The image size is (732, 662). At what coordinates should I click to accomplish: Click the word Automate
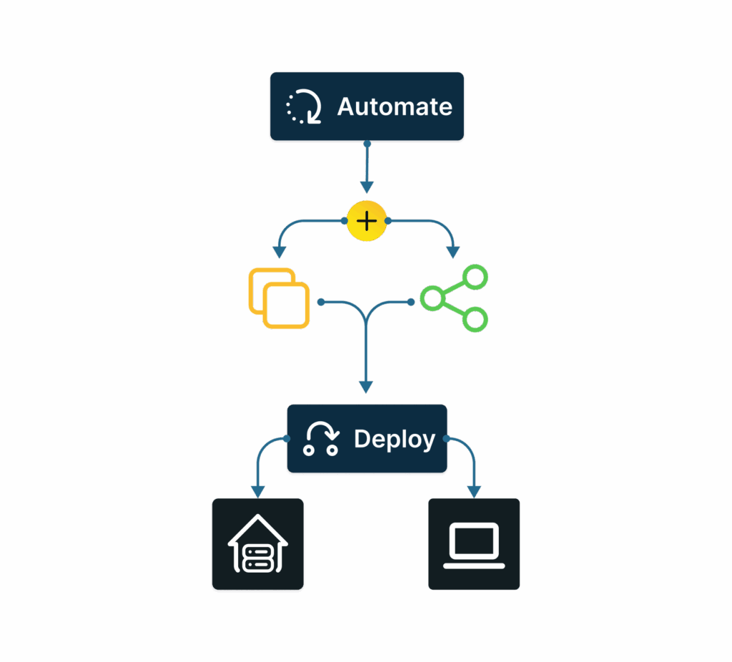click(x=395, y=107)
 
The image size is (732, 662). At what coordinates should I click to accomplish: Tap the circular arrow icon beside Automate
click(x=304, y=107)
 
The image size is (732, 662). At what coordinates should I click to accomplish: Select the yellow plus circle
click(x=367, y=221)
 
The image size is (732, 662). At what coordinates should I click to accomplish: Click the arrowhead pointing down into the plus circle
click(x=367, y=187)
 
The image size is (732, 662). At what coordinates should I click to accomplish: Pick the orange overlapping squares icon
click(x=279, y=298)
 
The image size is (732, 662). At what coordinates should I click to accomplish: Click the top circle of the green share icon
click(x=475, y=277)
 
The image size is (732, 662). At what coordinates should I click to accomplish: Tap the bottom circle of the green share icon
click(x=475, y=319)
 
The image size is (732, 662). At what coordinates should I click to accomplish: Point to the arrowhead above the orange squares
click(x=280, y=252)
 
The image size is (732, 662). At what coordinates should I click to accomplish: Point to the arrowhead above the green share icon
click(x=452, y=252)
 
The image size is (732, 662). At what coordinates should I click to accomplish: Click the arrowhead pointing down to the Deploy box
click(x=366, y=387)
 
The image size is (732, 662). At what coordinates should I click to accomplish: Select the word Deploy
click(x=395, y=439)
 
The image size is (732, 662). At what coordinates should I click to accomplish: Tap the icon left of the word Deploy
click(x=320, y=439)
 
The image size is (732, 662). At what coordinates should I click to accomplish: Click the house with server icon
click(x=257, y=545)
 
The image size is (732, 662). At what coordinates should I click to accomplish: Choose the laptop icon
click(x=474, y=545)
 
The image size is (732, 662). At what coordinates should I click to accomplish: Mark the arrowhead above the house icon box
click(x=258, y=491)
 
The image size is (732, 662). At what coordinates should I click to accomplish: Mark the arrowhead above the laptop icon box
click(x=474, y=491)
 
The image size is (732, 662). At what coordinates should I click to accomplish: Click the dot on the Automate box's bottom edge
click(x=367, y=144)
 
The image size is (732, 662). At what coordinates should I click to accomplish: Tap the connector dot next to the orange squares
click(x=321, y=302)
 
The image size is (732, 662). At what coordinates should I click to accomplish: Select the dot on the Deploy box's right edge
click(x=446, y=438)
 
